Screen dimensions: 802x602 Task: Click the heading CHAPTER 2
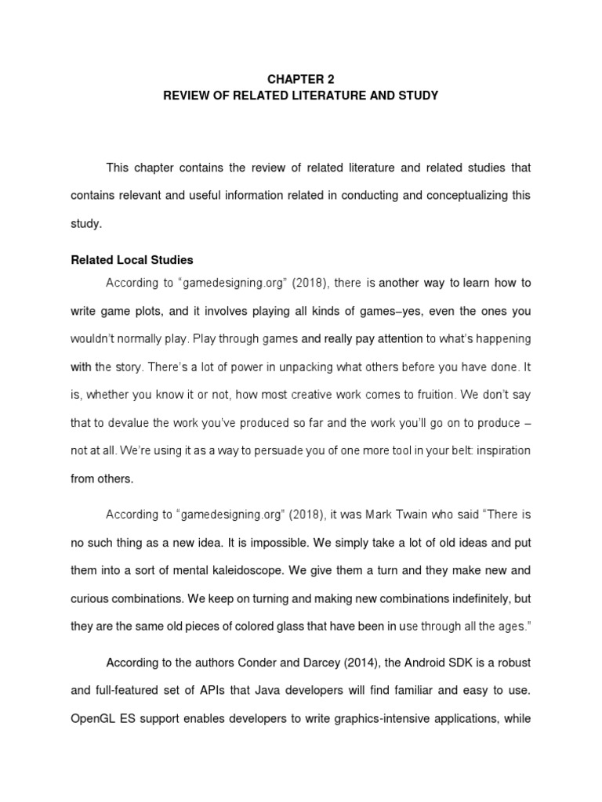pyautogui.click(x=301, y=79)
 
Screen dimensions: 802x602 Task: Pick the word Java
pyautogui.click(x=249, y=691)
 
